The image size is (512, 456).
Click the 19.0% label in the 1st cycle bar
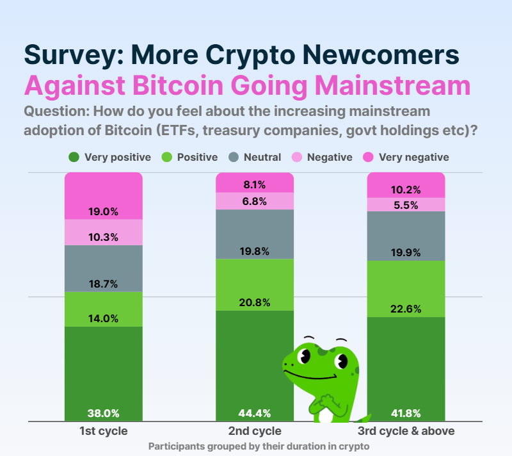pyautogui.click(x=103, y=212)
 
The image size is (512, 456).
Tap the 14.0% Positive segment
pyautogui.click(x=103, y=309)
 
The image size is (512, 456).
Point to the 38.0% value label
pyautogui.click(x=103, y=413)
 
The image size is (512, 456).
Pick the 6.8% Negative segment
pyautogui.click(x=254, y=200)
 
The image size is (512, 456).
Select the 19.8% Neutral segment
pyautogui.click(x=254, y=234)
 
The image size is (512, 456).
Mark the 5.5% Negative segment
pyautogui.click(x=406, y=204)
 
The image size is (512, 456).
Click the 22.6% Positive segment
pyautogui.click(x=406, y=288)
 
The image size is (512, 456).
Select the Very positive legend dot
pyautogui.click(x=74, y=157)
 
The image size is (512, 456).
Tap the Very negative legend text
pyautogui.click(x=413, y=157)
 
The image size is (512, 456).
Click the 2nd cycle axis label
pyautogui.click(x=254, y=431)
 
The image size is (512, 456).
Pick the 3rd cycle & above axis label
pyautogui.click(x=406, y=431)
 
